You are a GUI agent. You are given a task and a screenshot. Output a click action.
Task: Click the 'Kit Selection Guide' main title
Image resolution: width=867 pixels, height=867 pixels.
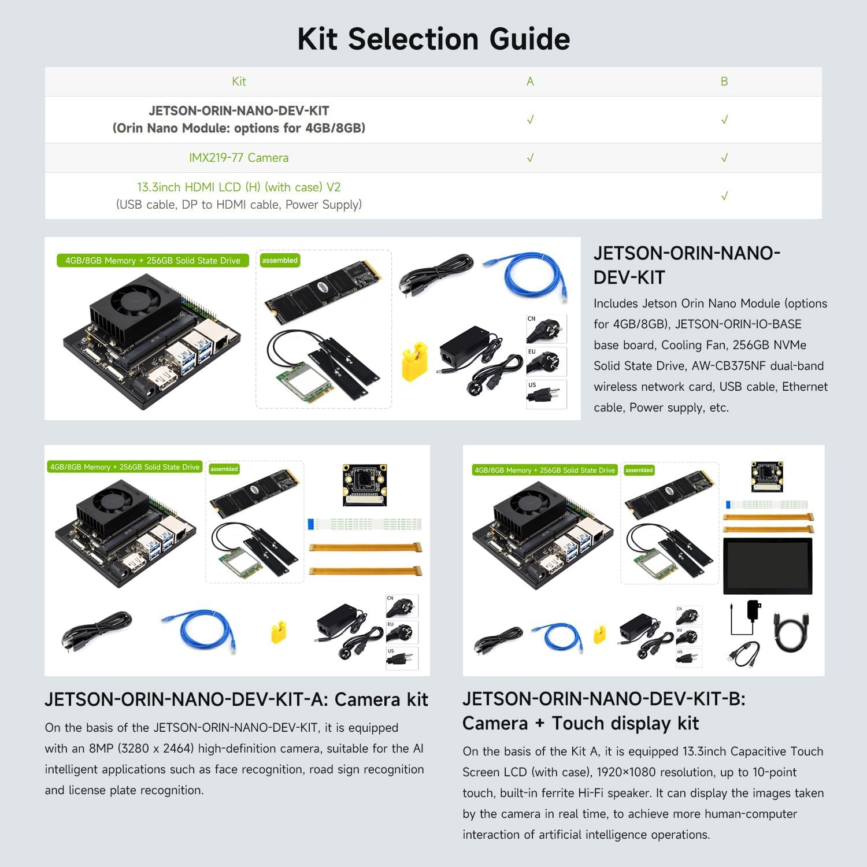pos(433,39)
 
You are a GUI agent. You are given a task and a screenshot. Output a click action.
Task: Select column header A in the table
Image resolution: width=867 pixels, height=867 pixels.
pos(530,81)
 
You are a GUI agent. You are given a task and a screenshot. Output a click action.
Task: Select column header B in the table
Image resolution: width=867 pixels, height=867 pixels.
pos(724,81)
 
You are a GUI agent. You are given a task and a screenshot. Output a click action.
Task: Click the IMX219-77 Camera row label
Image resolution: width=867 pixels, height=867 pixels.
pos(239,158)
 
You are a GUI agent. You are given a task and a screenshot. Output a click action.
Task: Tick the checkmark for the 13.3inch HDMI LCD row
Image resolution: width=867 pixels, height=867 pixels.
pos(724,196)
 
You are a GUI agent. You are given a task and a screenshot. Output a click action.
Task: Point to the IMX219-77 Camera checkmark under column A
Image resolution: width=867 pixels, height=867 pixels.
pos(530,158)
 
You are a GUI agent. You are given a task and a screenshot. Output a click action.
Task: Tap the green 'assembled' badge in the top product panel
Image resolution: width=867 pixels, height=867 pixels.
pos(280,261)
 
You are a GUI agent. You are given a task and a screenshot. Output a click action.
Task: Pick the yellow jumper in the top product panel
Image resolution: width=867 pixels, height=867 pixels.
pos(414,362)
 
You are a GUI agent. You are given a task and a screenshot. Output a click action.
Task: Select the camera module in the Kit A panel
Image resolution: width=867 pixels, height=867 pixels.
pos(364,484)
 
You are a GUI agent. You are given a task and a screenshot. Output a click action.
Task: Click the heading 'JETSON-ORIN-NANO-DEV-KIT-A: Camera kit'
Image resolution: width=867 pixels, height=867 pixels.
pos(236,699)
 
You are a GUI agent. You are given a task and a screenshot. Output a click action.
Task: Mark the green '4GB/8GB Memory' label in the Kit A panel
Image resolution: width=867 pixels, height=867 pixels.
pos(125,467)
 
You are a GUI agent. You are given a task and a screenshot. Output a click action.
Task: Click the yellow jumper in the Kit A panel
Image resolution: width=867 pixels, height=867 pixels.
pos(279,632)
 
